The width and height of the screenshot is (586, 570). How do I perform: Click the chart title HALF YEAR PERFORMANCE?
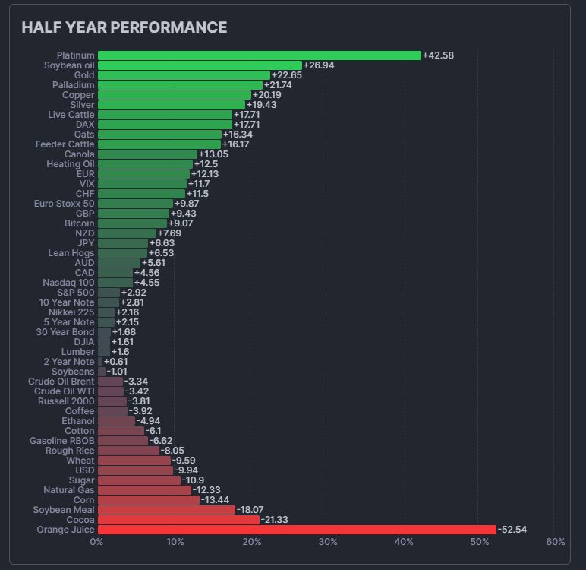click(124, 27)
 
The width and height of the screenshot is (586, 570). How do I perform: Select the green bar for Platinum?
click(259, 55)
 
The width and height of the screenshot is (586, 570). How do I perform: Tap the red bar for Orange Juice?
click(297, 530)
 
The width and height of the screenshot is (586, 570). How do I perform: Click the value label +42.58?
click(439, 55)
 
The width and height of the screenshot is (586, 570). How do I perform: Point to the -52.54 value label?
click(512, 530)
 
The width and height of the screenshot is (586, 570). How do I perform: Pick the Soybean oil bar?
click(200, 65)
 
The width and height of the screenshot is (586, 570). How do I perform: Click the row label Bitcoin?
click(80, 223)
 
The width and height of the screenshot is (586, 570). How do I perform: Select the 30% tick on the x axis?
click(327, 542)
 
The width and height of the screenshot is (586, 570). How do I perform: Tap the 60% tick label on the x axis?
click(556, 542)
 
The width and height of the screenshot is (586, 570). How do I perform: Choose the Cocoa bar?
click(178, 520)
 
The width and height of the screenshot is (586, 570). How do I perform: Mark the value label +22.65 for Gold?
click(287, 75)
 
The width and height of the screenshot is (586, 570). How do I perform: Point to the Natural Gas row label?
click(69, 490)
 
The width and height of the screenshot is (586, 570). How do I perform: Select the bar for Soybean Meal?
click(166, 510)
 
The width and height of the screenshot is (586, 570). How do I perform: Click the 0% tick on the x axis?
click(96, 542)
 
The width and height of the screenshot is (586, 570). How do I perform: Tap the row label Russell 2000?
click(67, 401)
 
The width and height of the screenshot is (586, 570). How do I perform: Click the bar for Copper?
click(175, 95)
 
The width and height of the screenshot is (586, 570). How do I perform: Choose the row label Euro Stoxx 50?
click(65, 204)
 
